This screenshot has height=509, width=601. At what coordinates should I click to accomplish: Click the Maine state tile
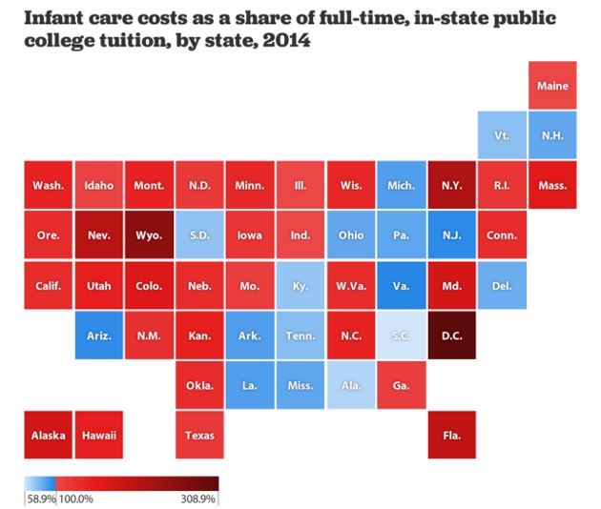coord(552,86)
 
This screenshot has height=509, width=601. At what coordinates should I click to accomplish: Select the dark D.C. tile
coord(451,336)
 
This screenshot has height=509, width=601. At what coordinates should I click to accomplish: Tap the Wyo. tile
coord(149,235)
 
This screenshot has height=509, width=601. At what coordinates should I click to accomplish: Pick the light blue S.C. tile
coord(401,336)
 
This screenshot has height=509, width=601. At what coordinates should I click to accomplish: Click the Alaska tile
coord(48,436)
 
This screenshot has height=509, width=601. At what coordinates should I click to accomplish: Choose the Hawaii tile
coord(98,436)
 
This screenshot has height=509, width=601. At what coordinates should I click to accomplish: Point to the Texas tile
coord(199,436)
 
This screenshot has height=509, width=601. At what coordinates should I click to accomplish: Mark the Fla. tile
coord(451,436)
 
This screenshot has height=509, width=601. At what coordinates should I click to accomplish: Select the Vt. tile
coord(502,135)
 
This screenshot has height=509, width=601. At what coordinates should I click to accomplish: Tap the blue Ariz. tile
coord(98,336)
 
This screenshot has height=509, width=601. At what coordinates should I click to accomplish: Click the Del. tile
coord(502,285)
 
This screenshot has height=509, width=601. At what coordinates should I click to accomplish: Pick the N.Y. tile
coord(451,185)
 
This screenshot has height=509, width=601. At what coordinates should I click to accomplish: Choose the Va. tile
coord(401,285)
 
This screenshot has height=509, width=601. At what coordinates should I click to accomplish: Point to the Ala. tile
coord(350,385)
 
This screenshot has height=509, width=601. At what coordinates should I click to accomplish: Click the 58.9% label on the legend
coord(39,498)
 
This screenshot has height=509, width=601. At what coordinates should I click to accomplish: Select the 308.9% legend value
coord(200,498)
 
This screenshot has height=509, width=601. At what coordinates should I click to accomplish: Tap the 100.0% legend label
coord(75,498)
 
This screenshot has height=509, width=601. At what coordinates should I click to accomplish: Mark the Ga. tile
coord(401,385)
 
